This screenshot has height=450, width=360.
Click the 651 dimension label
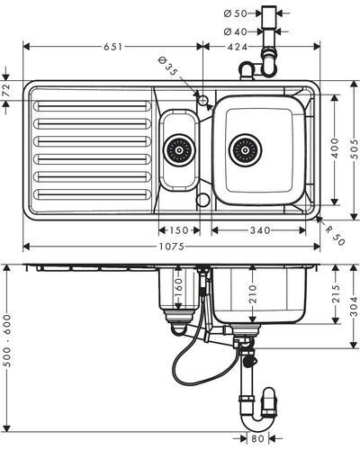[x=113, y=47]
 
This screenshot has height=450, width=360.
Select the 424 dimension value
[x=238, y=47]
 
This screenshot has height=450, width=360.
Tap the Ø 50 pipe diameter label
[x=236, y=13]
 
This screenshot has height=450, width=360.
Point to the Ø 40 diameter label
[x=236, y=31]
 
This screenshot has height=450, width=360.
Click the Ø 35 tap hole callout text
[x=167, y=67]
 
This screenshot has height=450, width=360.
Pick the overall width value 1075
[x=172, y=247]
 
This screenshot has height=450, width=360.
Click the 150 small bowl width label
[x=179, y=230]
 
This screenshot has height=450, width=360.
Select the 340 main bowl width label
[x=260, y=230]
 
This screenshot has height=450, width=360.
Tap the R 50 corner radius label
[x=336, y=236]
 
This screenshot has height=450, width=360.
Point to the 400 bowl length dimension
[x=335, y=148]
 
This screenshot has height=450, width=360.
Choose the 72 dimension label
[x=6, y=90]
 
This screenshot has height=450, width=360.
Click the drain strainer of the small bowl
[x=179, y=150]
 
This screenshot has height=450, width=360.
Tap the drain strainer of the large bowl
[x=245, y=149]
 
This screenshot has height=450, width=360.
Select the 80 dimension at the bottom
[x=257, y=439]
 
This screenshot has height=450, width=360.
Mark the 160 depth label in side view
[x=178, y=287]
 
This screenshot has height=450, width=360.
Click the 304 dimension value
[x=355, y=307]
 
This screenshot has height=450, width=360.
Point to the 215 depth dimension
[x=336, y=294]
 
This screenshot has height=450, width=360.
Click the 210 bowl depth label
[x=253, y=294]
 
